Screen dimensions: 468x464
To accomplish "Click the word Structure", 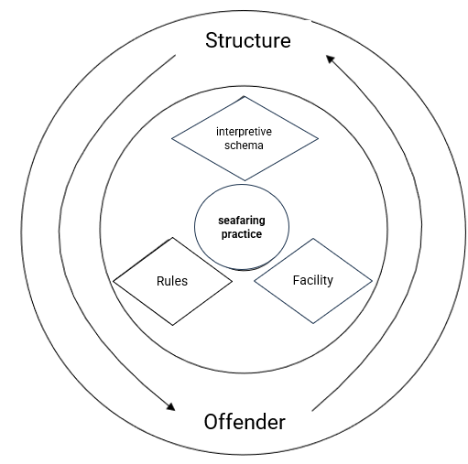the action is pos(248,40).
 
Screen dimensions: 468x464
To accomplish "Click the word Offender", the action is pos(245,422).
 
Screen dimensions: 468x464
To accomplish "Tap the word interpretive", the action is pos(244,132).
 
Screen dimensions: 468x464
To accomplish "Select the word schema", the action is pos(244,146).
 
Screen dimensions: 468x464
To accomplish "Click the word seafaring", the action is pos(242,221).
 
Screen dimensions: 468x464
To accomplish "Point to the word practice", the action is pos(242,234).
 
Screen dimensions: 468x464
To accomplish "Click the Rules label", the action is pos(172,281).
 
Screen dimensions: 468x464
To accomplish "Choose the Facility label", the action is pos(313,280).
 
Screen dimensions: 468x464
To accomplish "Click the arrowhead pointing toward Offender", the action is pos(171,407).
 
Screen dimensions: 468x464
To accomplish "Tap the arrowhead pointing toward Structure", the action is pos(330,59).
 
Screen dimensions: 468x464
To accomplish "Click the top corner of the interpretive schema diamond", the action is pos(245,96).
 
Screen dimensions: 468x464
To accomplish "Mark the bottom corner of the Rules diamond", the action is pos(173,325).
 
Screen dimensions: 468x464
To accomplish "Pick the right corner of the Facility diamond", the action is pos(372,281).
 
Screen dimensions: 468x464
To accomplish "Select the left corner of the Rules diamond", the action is pos(114,281).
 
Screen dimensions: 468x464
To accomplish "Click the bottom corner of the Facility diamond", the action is pos(313,323).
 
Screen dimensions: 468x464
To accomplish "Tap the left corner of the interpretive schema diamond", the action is pos(171,138).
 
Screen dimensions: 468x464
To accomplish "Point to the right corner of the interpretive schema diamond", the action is pos(319,138).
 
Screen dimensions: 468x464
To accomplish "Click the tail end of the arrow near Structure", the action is pos(176,55).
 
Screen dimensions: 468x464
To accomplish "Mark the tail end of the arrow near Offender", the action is pos(312,411).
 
